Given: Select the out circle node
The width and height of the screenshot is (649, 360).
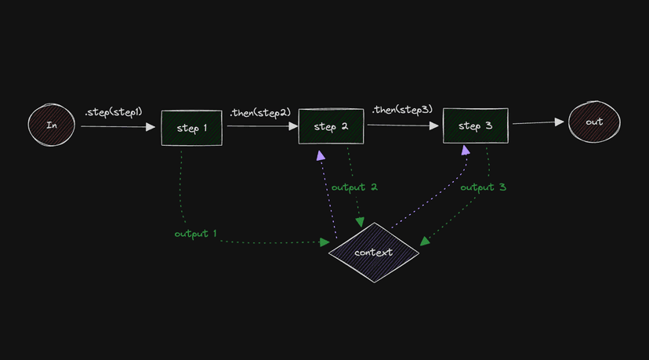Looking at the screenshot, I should pyautogui.click(x=594, y=122).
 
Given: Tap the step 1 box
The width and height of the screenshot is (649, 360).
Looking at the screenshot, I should pyautogui.click(x=191, y=128).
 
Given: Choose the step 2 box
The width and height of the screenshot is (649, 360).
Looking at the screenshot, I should pyautogui.click(x=331, y=126).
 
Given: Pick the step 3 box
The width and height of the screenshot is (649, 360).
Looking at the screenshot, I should pyautogui.click(x=475, y=125).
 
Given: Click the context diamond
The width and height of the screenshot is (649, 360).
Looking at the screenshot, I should pyautogui.click(x=374, y=253).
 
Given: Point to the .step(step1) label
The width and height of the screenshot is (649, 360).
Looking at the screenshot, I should pyautogui.click(x=114, y=112).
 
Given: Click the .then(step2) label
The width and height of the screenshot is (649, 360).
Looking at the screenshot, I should pyautogui.click(x=260, y=112).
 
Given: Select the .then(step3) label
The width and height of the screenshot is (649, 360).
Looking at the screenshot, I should pyautogui.click(x=401, y=109).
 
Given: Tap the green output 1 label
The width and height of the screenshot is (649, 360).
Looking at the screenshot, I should pyautogui.click(x=196, y=234).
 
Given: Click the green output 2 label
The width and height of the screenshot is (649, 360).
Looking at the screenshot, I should pyautogui.click(x=354, y=187).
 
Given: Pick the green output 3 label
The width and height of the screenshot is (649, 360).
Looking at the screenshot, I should pyautogui.click(x=483, y=187).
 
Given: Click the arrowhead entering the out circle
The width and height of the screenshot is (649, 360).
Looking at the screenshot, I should pyautogui.click(x=559, y=122).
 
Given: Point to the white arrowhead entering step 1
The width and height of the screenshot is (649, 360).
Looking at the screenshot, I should pyautogui.click(x=150, y=125).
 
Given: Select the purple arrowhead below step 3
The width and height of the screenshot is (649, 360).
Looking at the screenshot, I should pyautogui.click(x=466, y=149).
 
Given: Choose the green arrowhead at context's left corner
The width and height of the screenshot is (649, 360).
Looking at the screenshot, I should pyautogui.click(x=324, y=243).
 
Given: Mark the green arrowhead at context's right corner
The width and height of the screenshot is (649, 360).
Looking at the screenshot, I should pyautogui.click(x=424, y=242).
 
